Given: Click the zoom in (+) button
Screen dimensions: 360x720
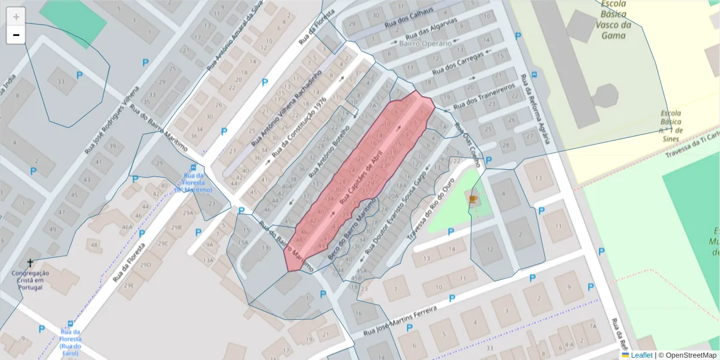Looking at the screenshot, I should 16,17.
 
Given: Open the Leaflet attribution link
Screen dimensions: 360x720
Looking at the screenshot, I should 641,355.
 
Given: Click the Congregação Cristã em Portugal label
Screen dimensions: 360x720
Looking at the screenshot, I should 31,281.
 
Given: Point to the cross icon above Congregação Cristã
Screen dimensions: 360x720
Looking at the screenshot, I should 31,263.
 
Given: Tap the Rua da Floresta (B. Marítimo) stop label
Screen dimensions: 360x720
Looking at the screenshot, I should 193,182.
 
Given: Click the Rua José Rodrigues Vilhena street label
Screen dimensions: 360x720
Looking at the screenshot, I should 112,121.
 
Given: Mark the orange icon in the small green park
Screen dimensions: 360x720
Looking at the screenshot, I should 473,199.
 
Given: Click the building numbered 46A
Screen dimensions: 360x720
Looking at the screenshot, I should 127,227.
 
